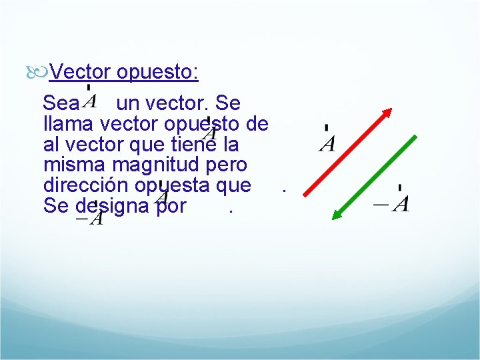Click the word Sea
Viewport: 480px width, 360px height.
pos(61,104)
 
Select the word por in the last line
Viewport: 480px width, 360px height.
pos(172,205)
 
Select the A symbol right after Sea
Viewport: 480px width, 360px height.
pos(91,101)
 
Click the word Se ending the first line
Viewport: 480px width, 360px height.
pos(229,104)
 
